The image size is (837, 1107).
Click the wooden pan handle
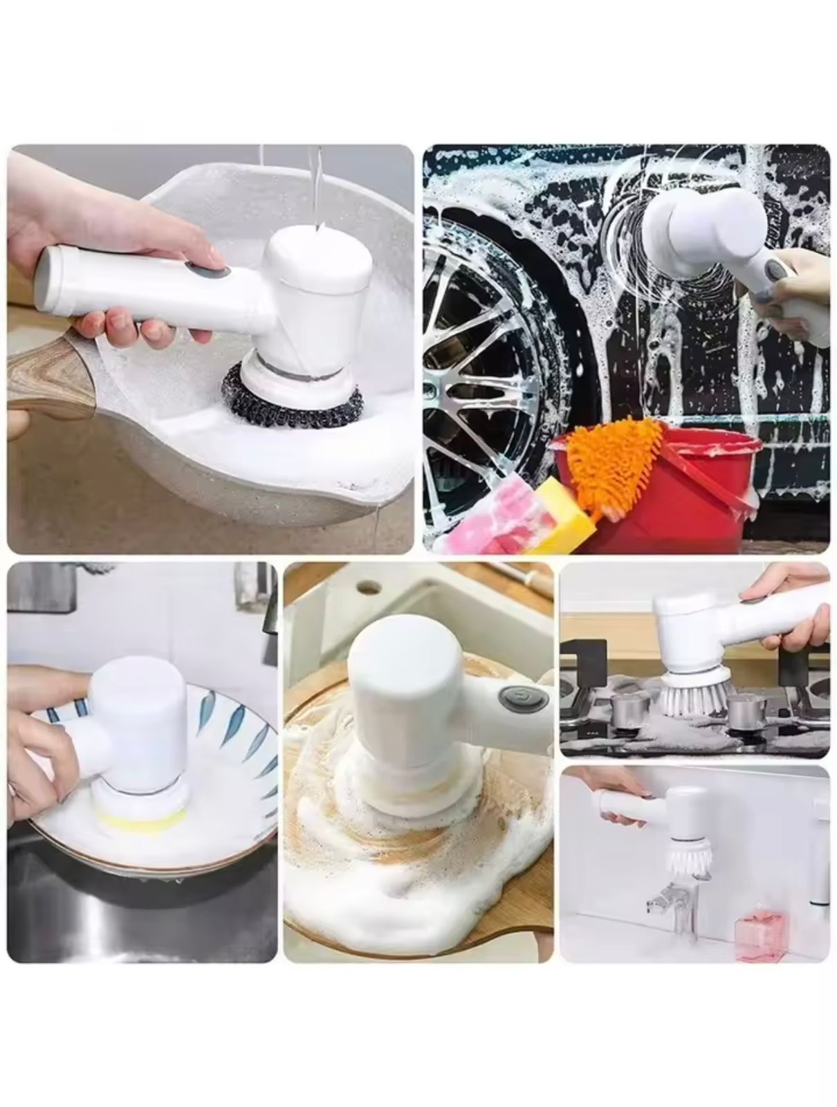point(48,374)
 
